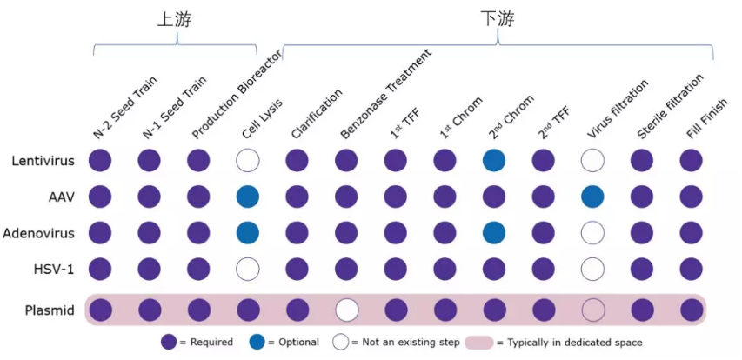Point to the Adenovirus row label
pos(38,233)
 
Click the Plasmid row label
pos(49,310)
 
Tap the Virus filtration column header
pos(618,110)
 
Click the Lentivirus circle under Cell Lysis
pos(248,160)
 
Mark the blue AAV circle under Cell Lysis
pos(248,197)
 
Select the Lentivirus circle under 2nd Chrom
pos(494,160)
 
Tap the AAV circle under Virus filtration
pos(592,197)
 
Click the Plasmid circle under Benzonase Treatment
pos(346,310)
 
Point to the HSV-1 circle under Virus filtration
pos(592,269)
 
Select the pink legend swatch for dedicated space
pos(484,342)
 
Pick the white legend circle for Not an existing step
pos(341,342)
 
